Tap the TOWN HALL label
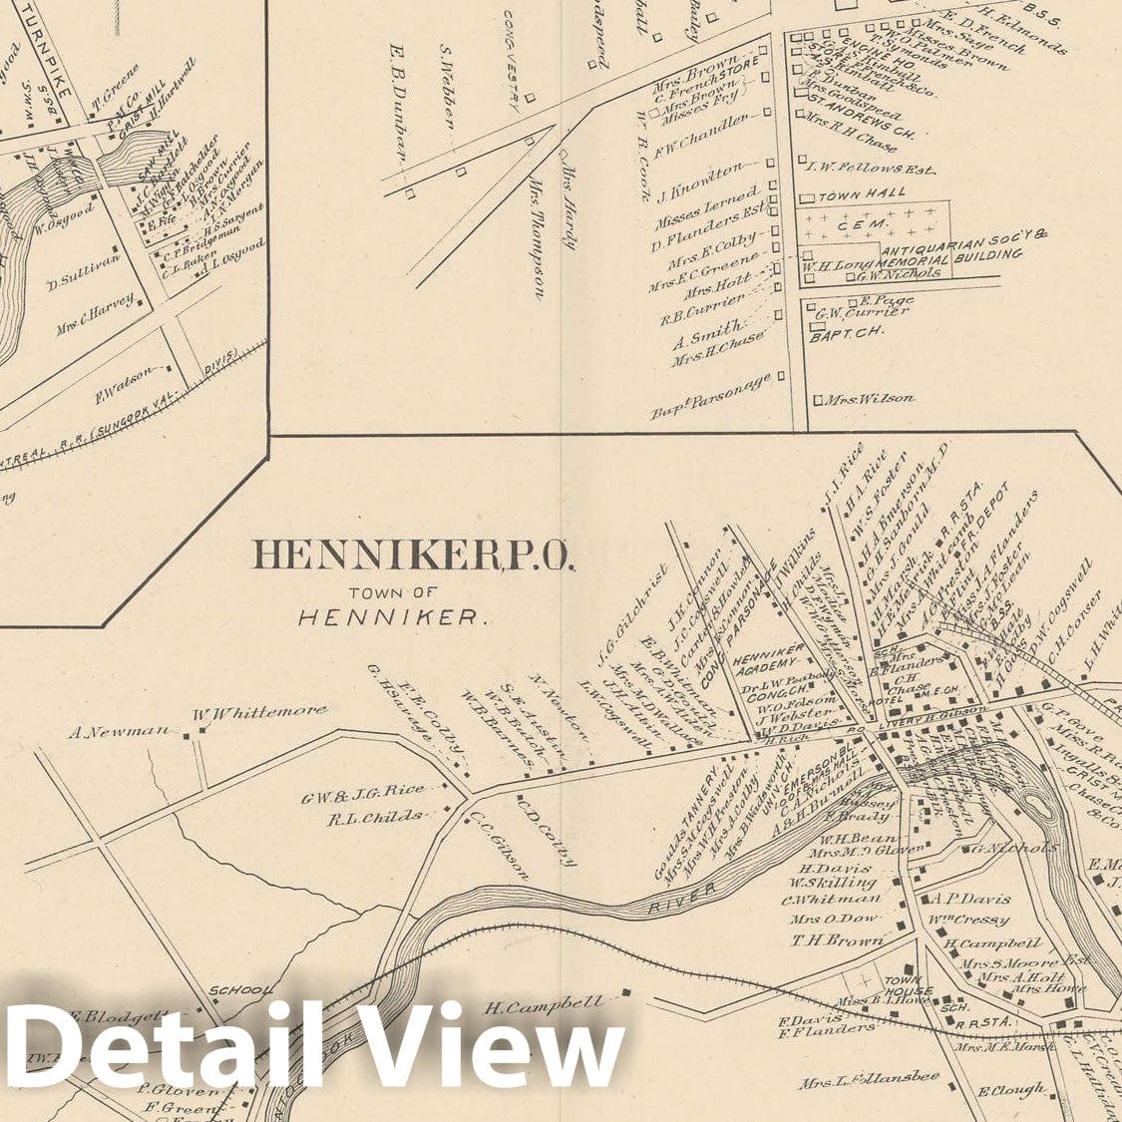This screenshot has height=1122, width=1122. click(863, 192)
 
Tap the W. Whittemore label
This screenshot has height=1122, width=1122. click(260, 711)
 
